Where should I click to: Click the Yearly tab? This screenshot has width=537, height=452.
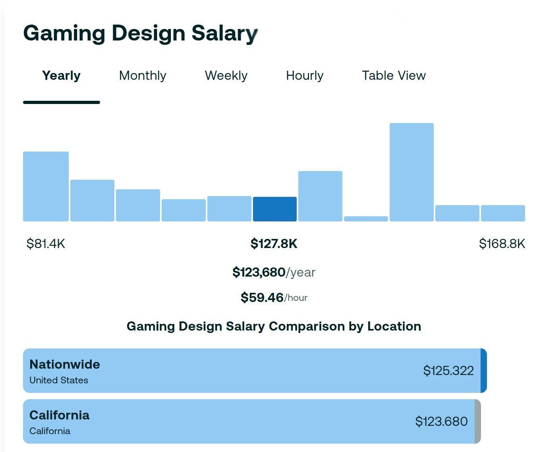(61, 75)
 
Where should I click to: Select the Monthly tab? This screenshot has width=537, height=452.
(143, 75)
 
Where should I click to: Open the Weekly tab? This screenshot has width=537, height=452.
(226, 75)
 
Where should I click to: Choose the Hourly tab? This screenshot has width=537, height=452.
(305, 75)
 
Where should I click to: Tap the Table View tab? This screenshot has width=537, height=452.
(394, 75)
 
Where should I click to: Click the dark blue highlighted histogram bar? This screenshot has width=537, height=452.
(275, 209)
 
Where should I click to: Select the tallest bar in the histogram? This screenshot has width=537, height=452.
(411, 172)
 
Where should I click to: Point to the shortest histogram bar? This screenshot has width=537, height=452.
(366, 219)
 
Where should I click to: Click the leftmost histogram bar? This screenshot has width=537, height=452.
(46, 187)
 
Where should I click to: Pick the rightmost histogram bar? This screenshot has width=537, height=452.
(503, 213)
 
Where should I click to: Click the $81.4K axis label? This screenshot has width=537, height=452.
(46, 244)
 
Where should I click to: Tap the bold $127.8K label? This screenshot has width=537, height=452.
(274, 244)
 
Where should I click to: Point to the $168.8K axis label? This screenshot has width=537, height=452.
(502, 244)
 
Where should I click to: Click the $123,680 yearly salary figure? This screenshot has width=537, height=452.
(259, 272)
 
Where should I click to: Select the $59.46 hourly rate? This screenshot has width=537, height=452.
(262, 297)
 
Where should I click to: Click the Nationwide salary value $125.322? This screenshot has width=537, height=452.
(448, 371)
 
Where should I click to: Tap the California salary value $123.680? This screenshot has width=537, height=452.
(441, 421)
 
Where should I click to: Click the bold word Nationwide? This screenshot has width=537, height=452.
(65, 364)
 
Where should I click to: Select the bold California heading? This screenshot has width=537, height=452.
(60, 415)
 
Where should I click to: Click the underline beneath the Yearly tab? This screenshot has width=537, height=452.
(62, 102)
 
